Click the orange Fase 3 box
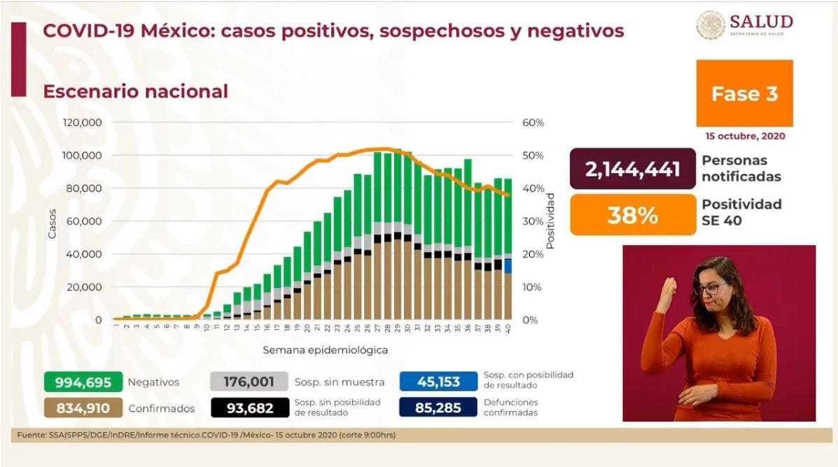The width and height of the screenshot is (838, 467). [x=744, y=93]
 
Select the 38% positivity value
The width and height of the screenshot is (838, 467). [x=633, y=215]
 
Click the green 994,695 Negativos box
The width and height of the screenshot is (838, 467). [x=73, y=382]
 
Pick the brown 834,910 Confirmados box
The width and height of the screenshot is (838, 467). [x=73, y=407]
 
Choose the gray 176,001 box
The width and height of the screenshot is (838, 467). [x=249, y=382]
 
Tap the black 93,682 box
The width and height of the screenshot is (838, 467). [x=249, y=407]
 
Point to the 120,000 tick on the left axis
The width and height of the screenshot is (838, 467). [x=83, y=123]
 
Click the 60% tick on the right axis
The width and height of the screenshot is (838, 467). [x=533, y=123]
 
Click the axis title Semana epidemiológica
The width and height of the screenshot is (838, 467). [x=326, y=349]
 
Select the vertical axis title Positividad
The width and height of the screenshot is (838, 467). [x=551, y=221]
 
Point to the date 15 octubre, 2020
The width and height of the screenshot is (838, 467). [x=745, y=136]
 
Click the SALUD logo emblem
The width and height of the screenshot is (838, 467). [x=710, y=25]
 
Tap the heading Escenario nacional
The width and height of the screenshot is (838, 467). [x=135, y=92]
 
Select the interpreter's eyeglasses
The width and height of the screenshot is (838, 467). [x=713, y=288]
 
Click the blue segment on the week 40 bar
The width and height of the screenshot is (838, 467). [x=508, y=266]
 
